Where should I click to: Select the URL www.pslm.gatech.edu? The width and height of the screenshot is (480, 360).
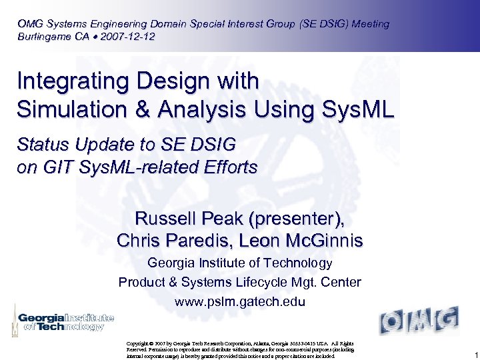tap(240, 302)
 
